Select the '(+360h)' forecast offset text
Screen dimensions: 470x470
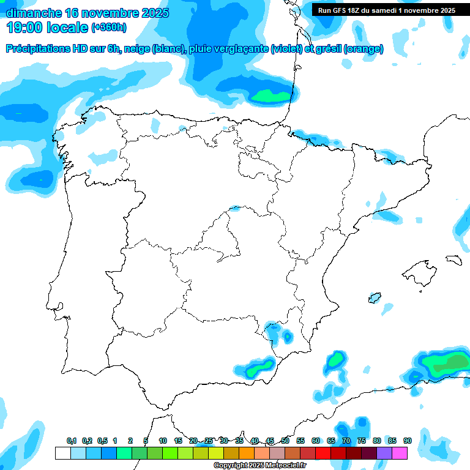coord(109,28)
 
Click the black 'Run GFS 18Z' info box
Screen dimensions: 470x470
coord(386,10)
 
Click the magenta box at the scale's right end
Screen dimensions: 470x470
coord(400,453)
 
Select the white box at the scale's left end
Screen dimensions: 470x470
coord(62,453)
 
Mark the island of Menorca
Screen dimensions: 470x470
coord(453,259)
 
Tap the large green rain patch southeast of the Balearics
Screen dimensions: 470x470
coord(447,363)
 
